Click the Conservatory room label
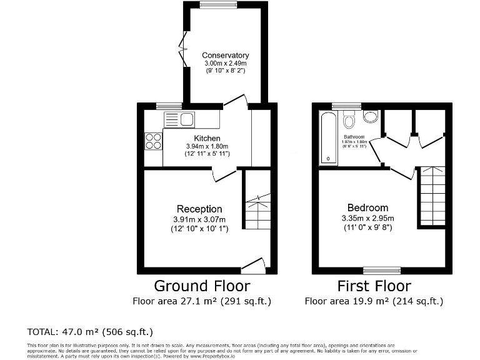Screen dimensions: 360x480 pyautogui.click(x=225, y=55)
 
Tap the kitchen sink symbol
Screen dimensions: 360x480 pyautogui.click(x=179, y=119)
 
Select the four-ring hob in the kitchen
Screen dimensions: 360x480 pyautogui.click(x=153, y=142)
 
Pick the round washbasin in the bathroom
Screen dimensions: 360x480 pyautogui.click(x=370, y=116)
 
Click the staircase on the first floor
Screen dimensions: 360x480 pyautogui.click(x=431, y=197)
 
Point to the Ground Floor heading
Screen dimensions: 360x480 pyautogui.click(x=202, y=286)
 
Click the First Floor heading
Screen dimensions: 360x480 pyautogui.click(x=374, y=286)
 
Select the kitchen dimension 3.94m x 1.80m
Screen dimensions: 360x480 pyautogui.click(x=207, y=146)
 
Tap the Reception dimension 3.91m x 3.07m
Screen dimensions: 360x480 pyautogui.click(x=199, y=219)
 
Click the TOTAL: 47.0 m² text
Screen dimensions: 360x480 pyautogui.click(x=90, y=331)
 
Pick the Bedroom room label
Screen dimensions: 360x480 pyautogui.click(x=367, y=207)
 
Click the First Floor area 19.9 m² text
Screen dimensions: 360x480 pyautogui.click(x=374, y=301)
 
